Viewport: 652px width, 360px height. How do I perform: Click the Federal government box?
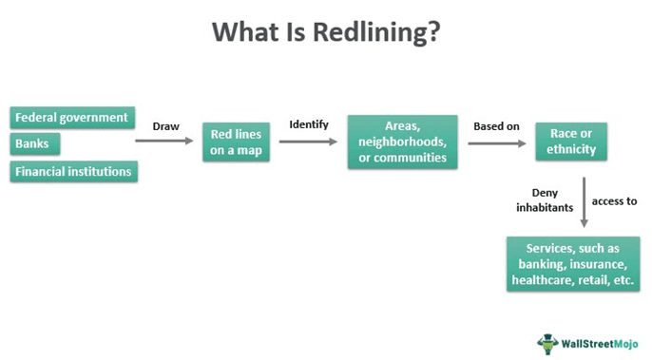pos(70,118)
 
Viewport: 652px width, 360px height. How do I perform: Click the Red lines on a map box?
pos(237,142)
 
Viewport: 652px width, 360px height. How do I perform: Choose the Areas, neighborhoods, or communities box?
pos(403,141)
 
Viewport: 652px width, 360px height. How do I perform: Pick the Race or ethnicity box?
pos(572,142)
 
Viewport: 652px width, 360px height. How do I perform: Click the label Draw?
pos(167,124)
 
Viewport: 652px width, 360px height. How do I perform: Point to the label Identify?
pos(308,124)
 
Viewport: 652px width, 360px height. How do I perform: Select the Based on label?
pos(496,124)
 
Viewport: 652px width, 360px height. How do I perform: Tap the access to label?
pos(614,200)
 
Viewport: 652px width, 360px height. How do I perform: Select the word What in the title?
pos(242,32)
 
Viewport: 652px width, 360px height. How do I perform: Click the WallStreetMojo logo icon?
pos(548,341)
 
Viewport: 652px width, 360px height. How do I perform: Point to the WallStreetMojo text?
pos(600,342)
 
